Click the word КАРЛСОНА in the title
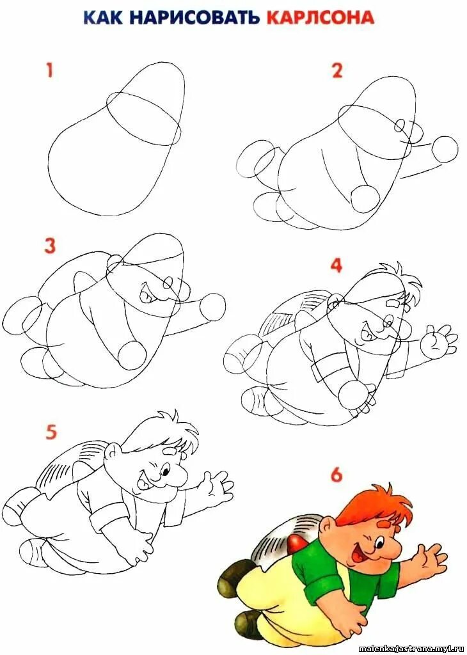point(320,17)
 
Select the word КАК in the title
point(104,17)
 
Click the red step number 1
point(50,70)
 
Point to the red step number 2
point(337,70)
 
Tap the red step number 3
point(50,246)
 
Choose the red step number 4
point(336,265)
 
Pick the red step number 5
point(51,432)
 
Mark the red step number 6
point(336,475)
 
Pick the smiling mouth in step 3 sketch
point(147,292)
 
